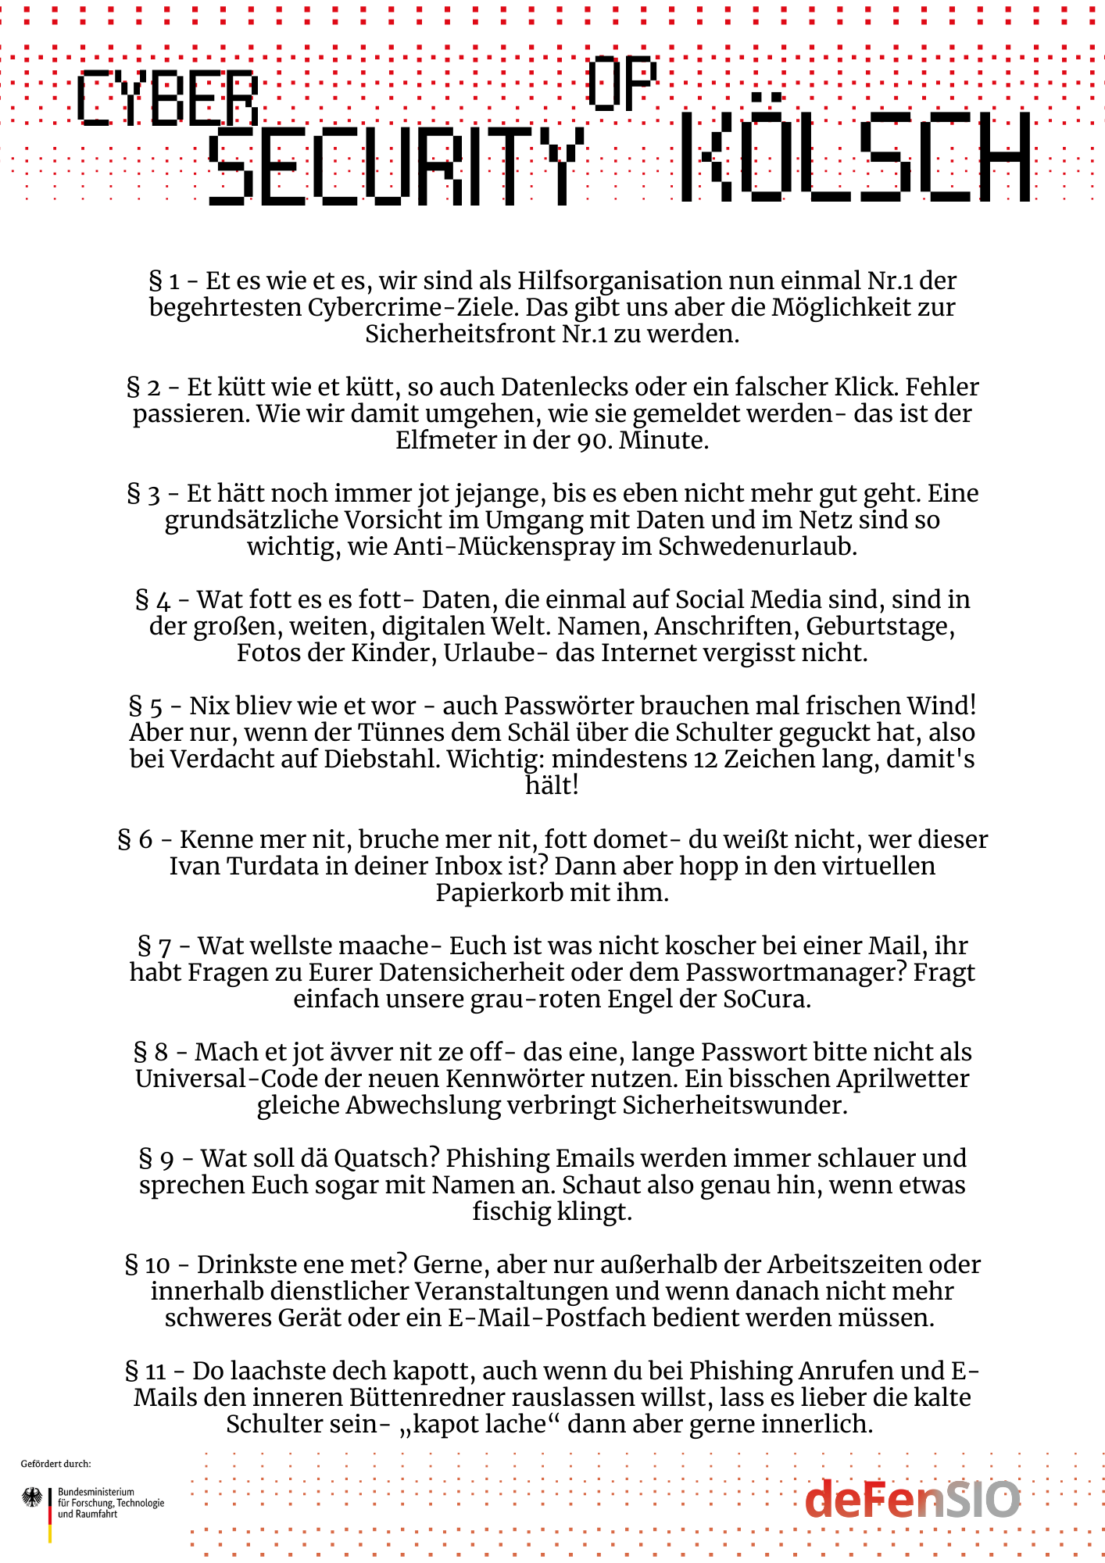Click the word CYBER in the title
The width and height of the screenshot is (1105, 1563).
click(x=167, y=98)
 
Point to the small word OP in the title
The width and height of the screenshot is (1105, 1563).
click(x=622, y=82)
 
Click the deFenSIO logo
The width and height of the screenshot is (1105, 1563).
click(x=912, y=1500)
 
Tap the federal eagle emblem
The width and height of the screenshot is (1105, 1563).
click(x=32, y=1498)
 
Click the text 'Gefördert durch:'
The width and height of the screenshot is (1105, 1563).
click(x=55, y=1464)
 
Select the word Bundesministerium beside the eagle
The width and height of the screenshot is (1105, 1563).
click(x=96, y=1492)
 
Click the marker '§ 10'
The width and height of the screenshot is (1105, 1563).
click(x=147, y=1264)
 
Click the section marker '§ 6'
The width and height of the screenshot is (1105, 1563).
click(x=134, y=839)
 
